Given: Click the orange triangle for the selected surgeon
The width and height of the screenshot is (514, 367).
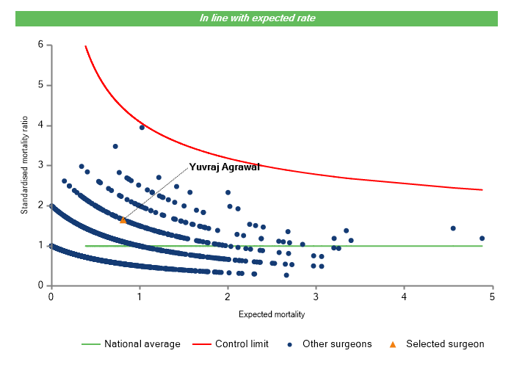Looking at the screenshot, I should [123, 219].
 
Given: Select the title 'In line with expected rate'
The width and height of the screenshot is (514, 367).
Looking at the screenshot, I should [258, 18].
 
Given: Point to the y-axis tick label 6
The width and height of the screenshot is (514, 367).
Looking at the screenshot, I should [40, 45].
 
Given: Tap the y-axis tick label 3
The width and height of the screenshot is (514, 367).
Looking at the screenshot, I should [40, 165].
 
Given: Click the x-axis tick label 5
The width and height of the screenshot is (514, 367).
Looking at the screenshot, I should [493, 297].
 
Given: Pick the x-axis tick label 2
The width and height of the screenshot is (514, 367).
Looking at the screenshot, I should [228, 297].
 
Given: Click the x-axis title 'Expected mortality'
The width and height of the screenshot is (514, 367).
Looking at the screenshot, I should [272, 315].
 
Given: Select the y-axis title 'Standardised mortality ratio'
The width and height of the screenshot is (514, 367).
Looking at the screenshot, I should [24, 166].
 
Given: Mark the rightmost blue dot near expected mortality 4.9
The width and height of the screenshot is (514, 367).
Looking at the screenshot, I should [482, 238].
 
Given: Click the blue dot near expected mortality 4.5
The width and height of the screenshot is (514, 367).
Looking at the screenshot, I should [453, 228].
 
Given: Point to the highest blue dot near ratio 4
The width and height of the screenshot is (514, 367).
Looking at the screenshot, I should [142, 127].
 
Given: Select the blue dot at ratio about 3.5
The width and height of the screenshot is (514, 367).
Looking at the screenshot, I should [115, 146].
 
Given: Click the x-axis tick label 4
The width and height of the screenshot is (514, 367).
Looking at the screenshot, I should [405, 297].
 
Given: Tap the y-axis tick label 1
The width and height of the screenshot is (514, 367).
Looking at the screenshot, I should [40, 245].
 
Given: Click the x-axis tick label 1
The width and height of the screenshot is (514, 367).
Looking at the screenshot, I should [140, 297].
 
